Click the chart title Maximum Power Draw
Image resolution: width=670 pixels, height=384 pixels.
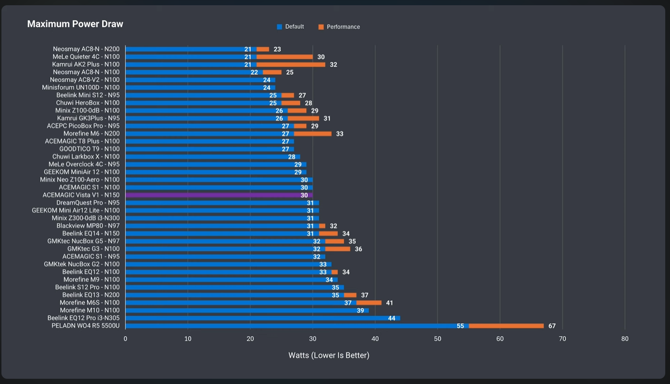pyautogui.click(x=75, y=24)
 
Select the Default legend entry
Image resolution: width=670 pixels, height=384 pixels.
pyautogui.click(x=290, y=27)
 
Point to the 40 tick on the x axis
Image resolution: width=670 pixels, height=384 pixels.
pyautogui.click(x=375, y=339)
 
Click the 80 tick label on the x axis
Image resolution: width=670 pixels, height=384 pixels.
pyautogui.click(x=625, y=339)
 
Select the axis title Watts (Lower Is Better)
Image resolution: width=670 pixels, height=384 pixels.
pyautogui.click(x=329, y=355)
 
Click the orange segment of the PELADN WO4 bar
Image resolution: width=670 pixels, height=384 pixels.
pyautogui.click(x=506, y=326)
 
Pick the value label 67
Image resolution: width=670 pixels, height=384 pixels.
pyautogui.click(x=552, y=326)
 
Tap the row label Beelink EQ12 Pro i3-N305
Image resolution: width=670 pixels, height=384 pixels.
pyautogui.click(x=83, y=318)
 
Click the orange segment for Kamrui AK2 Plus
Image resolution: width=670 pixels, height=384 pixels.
pyautogui.click(x=291, y=64)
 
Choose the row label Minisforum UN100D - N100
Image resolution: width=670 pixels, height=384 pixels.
pyautogui.click(x=81, y=88)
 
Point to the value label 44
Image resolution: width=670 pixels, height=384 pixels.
pyautogui.click(x=392, y=318)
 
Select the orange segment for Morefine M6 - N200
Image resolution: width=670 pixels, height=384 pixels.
pyautogui.click(x=313, y=134)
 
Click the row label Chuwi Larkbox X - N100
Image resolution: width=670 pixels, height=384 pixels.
pyautogui.click(x=86, y=157)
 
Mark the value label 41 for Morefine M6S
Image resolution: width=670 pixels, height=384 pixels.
pyautogui.click(x=390, y=303)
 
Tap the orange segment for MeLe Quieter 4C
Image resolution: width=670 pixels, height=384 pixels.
pyautogui.click(x=285, y=57)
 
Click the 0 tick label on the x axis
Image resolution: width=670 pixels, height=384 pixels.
pyautogui.click(x=125, y=339)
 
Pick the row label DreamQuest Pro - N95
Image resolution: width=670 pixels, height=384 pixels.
pyautogui.click(x=88, y=203)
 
